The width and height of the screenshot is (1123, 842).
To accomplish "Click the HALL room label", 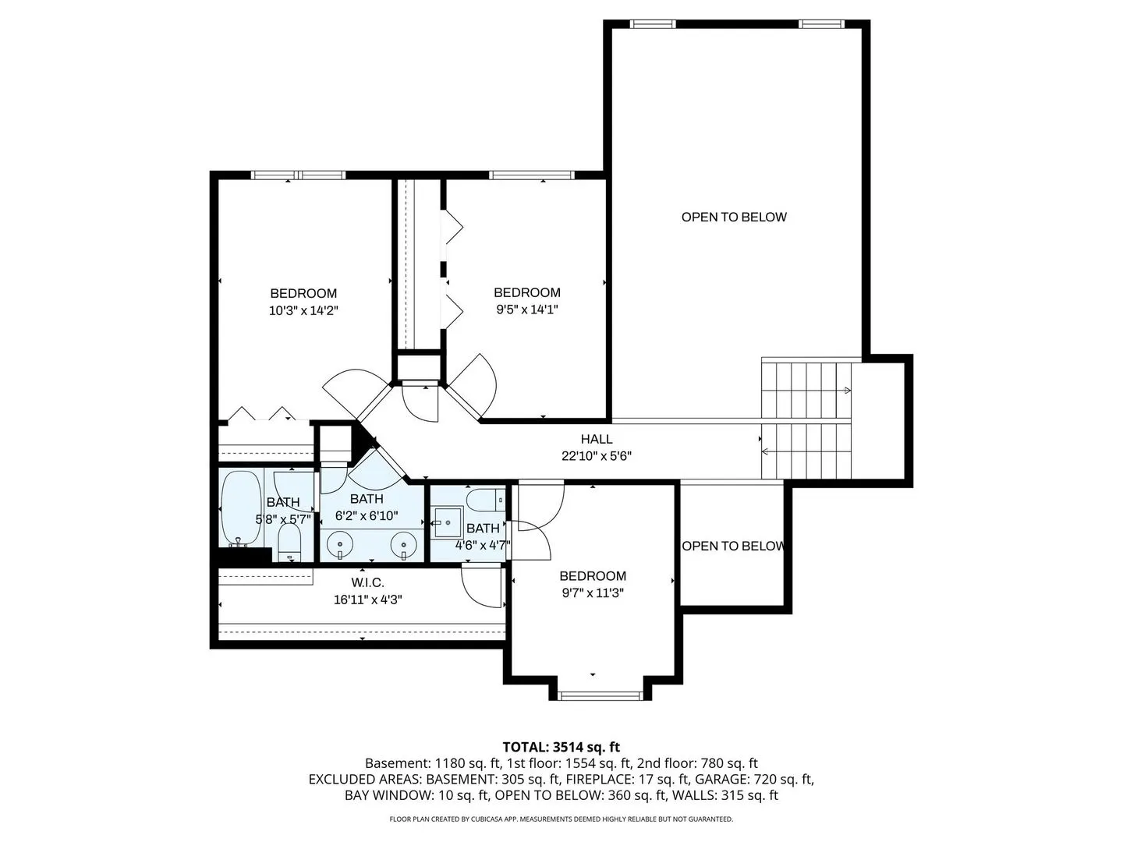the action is coord(596,439).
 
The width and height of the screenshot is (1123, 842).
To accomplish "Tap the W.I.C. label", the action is coord(367,582).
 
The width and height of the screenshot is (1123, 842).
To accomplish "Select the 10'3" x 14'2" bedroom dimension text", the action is coord(303,310).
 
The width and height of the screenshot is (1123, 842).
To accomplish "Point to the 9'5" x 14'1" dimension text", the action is coord(527,310).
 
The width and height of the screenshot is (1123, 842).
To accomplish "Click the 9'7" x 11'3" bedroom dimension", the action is coord(593,593).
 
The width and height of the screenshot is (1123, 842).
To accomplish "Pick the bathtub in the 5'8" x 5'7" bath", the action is coord(240,508).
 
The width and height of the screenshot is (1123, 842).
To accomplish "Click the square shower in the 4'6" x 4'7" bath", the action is coord(448,522).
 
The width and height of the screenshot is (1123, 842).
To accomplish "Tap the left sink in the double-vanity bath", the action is coord(339,545).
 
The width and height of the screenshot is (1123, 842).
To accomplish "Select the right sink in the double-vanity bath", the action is coord(404,545).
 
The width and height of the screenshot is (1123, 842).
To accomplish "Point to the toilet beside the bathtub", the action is coord(289,543).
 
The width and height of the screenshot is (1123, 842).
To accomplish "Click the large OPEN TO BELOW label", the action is coord(734,217).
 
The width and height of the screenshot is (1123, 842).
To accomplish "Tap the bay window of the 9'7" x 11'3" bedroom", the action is coord(600,695).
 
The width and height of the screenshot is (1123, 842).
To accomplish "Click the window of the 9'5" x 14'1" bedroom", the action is coord(532,175).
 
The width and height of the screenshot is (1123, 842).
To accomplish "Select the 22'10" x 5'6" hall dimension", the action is coord(597,456).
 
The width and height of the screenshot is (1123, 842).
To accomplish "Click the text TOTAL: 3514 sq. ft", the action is coord(561,748).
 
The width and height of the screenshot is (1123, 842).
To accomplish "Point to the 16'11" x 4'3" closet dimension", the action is coord(368,600).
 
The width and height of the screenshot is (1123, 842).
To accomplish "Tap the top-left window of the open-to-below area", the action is coord(652,24).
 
